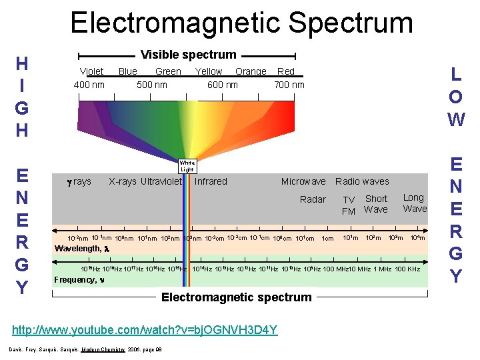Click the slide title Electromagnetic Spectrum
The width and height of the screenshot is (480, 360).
point(241,22)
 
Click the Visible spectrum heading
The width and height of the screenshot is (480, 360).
point(188,55)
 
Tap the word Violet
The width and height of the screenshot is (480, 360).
point(91,71)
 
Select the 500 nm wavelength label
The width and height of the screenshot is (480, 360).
point(152,85)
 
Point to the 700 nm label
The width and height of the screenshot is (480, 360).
point(289,85)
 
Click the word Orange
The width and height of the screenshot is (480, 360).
point(251,71)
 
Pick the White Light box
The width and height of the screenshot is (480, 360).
point(187,166)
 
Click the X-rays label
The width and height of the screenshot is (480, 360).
point(123,181)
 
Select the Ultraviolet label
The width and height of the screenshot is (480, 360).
point(161,181)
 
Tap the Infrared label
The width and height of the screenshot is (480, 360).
point(211,181)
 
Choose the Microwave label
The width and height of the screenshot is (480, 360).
point(303,181)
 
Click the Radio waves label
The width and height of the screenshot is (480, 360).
point(362,181)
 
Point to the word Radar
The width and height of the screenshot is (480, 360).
point(313,199)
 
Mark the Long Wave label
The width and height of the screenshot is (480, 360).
point(414,203)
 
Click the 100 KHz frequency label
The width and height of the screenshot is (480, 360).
point(407,269)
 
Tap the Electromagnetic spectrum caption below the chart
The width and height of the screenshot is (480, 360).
point(236,297)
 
